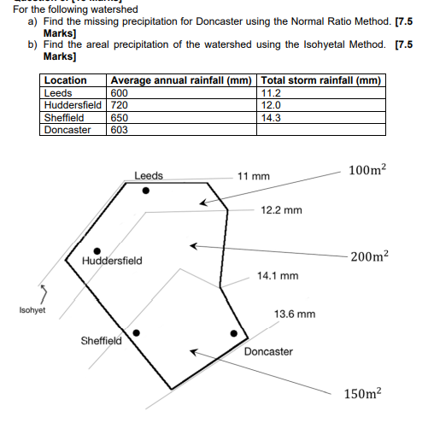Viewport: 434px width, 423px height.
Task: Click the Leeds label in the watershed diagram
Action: (x=149, y=176)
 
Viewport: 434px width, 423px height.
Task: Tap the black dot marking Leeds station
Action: (x=146, y=191)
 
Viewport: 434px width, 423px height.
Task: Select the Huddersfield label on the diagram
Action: (x=113, y=260)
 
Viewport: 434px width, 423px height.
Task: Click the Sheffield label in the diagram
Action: (x=101, y=340)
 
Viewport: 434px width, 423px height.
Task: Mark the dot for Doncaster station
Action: (x=232, y=333)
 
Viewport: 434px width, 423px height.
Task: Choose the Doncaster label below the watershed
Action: (x=268, y=351)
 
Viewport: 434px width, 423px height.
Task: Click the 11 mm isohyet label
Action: (x=253, y=176)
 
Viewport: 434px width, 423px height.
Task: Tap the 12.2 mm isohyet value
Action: (x=281, y=209)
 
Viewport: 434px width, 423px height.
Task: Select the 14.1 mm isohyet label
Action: (x=278, y=276)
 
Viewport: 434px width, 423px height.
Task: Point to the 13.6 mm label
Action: (x=295, y=314)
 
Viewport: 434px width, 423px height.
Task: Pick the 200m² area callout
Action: (x=368, y=256)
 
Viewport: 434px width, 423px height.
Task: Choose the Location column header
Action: (x=65, y=80)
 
